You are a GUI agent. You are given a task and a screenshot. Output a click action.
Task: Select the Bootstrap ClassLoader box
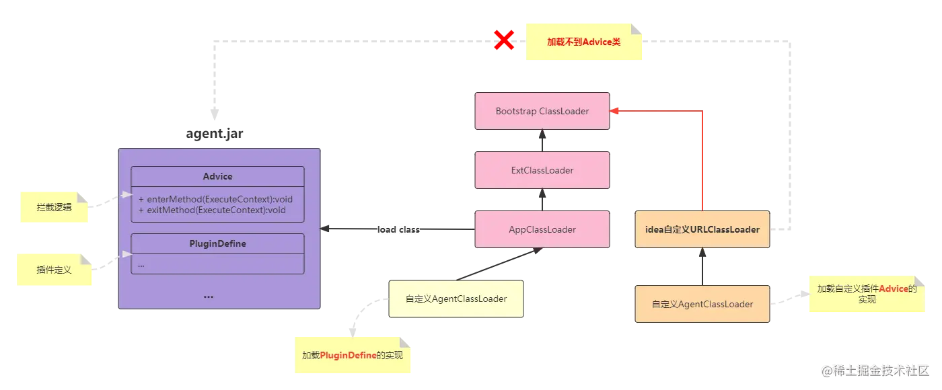542,111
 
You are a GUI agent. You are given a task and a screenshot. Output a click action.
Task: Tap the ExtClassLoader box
542,170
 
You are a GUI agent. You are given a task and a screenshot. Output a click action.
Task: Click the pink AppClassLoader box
542,229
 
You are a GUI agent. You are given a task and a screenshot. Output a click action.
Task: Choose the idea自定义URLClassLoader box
702,229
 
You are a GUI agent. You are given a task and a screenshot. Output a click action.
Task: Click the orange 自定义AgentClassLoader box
702,304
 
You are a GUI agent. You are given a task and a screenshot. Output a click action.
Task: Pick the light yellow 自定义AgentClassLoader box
456,299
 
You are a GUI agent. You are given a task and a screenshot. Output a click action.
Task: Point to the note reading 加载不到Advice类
583,42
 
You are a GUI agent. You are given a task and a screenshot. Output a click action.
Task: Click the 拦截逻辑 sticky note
54,208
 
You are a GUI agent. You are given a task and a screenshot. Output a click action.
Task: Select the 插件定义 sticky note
54,270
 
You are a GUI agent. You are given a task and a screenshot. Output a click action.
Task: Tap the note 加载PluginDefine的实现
352,354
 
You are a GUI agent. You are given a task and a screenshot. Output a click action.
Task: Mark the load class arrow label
398,229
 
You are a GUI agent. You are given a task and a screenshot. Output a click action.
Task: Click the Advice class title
217,176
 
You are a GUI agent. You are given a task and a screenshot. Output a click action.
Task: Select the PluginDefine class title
217,243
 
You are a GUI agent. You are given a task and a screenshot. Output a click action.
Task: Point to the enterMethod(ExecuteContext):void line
215,200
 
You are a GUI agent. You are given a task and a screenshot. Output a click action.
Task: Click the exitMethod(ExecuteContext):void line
212,210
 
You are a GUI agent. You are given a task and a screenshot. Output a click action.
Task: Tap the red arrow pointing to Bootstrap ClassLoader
702,161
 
